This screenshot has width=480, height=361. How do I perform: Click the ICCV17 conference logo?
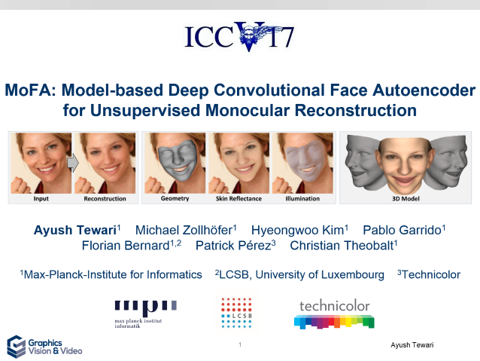(x=239, y=36)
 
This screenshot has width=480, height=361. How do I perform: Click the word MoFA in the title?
(x=30, y=90)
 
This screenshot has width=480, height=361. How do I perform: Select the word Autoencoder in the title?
(x=424, y=90)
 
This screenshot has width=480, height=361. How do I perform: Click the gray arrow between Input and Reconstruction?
(x=73, y=163)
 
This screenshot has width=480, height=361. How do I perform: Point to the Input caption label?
(x=41, y=198)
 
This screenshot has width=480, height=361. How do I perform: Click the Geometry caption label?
(x=175, y=198)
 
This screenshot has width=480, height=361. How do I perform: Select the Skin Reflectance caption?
(x=238, y=198)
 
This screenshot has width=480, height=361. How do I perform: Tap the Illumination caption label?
(x=302, y=198)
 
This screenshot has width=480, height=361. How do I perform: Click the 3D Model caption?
(x=406, y=198)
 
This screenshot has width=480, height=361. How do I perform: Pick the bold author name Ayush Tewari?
(x=75, y=230)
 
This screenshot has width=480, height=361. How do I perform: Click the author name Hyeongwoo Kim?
(x=297, y=230)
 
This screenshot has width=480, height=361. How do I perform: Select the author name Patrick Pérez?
(x=233, y=246)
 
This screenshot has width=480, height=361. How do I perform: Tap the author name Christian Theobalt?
(x=342, y=246)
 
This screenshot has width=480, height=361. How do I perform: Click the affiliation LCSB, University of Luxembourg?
(x=302, y=274)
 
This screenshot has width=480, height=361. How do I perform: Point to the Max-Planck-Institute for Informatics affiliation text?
(x=113, y=274)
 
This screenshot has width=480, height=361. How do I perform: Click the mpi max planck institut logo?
(x=145, y=314)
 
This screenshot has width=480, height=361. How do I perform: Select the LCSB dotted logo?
(x=236, y=313)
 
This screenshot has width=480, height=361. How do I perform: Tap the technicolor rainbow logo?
(x=334, y=314)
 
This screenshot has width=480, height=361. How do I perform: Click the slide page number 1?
(x=240, y=344)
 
